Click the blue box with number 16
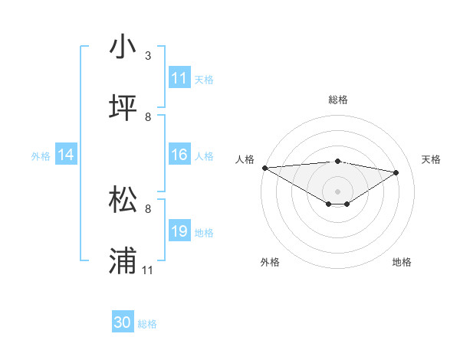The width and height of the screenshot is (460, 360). [179, 155]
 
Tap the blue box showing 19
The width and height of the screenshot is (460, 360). [179, 231]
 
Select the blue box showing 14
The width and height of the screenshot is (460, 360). [66, 155]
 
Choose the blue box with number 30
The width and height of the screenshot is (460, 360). [123, 322]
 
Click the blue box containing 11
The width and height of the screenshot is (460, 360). [179, 78]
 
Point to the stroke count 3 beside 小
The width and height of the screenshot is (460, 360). [148, 56]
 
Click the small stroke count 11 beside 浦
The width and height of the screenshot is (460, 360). [148, 270]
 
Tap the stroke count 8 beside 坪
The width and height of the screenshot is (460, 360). [148, 117]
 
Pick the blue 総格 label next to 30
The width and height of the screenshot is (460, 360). [147, 324]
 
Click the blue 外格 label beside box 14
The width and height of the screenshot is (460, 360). [41, 156]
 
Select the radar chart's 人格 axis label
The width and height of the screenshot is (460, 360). [245, 159]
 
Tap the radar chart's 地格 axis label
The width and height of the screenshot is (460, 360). [402, 263]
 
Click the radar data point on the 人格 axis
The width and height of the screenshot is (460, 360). [264, 168]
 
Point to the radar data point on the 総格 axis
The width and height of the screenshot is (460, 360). [337, 161]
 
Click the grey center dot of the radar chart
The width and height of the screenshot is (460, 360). [337, 191]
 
